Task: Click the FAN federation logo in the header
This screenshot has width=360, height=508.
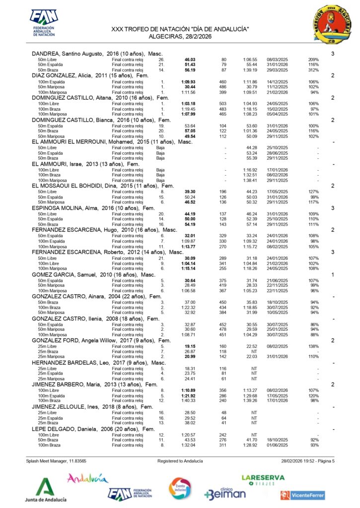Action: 44,23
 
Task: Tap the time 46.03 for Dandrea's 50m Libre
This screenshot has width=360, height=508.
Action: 189,59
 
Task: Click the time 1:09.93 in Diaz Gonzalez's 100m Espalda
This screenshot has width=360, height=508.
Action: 188,81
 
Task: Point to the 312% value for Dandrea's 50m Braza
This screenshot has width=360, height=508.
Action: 313,70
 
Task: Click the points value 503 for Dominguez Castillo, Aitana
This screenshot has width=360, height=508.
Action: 223,103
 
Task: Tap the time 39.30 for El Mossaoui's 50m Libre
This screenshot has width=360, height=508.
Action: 189,191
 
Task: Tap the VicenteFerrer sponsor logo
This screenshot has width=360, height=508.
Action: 302,495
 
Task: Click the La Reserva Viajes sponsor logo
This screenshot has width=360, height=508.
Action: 263,480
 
